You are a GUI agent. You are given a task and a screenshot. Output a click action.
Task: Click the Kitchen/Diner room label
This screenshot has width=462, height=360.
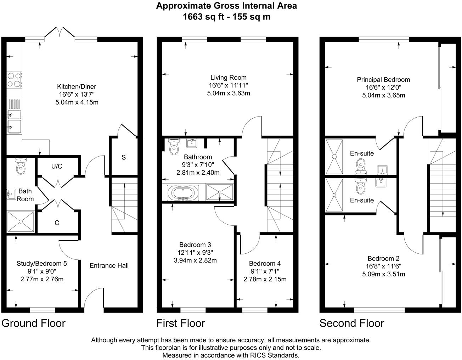[x=77, y=86]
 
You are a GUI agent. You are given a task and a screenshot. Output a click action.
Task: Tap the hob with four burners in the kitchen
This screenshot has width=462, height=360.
[x=14, y=80]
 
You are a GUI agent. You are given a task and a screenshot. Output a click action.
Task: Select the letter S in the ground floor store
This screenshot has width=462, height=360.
[x=124, y=157]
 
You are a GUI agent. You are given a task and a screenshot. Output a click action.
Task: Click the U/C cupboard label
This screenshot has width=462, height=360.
[x=57, y=166]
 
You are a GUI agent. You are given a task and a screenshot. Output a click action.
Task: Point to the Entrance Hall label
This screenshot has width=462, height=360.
[x=109, y=265]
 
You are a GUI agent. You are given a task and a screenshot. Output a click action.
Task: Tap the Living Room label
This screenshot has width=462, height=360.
[x=228, y=78]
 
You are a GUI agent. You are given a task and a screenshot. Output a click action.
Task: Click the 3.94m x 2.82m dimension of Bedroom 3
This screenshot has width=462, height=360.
[x=195, y=260]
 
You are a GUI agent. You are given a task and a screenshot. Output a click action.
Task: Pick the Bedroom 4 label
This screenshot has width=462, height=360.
[x=265, y=263]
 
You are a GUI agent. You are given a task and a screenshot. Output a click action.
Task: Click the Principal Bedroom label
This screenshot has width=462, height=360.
[x=383, y=80]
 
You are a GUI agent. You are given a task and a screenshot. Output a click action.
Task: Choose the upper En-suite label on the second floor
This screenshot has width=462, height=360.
[x=362, y=153]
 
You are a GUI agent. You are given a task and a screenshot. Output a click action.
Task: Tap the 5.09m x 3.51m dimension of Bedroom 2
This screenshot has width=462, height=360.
[x=383, y=274]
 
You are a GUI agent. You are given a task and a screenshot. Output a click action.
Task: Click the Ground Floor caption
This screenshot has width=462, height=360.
[x=34, y=323]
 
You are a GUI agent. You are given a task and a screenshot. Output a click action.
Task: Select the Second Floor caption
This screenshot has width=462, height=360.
[x=351, y=323]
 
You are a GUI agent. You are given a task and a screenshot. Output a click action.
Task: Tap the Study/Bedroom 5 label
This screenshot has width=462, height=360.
[x=42, y=263]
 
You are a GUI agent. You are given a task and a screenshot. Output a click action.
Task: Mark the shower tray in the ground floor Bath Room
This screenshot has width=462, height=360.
[x=21, y=222]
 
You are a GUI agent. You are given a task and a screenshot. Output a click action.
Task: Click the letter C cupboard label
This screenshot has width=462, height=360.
[x=57, y=223]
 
